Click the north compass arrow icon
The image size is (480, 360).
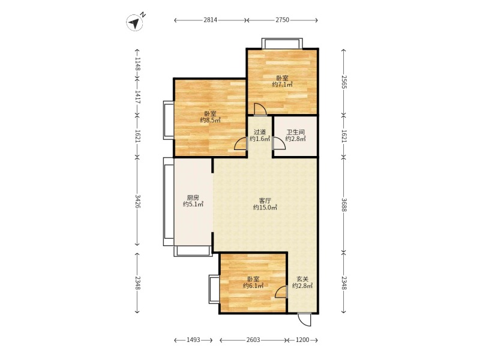coord(134,23)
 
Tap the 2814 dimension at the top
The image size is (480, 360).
coord(211,20)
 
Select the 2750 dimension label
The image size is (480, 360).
coord(282,20)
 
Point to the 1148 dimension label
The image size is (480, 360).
coord(137,64)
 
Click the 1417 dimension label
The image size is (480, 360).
coord(137,97)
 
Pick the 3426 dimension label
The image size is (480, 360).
coord(137,202)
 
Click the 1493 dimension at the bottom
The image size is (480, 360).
coord(193,340)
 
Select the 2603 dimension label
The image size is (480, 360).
coord(253,340)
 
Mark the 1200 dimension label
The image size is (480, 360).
coord(302,340)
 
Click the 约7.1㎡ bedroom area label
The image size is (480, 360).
coord(282,85)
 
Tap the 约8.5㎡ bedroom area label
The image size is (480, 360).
coord(211,121)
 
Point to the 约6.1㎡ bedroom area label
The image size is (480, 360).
coord(253,286)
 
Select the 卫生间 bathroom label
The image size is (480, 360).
coord(295,132)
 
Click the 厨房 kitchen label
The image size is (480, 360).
coord(193,198)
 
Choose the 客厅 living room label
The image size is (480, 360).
coord(265,201)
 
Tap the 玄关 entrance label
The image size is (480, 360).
coord(302,279)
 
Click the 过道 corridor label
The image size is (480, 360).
coord(260,132)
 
